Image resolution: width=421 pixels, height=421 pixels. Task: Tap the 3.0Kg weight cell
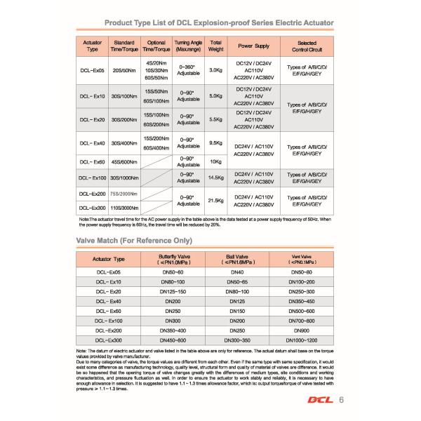coord(216,71)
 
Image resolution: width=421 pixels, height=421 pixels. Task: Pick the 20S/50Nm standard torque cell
coord(123,71)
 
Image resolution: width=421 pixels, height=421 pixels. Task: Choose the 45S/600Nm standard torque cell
coord(123,162)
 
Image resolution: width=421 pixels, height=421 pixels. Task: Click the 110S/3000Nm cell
coord(123,208)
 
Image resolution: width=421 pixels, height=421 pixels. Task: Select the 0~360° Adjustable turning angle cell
coord(186,71)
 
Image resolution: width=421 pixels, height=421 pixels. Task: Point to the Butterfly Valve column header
coord(173,259)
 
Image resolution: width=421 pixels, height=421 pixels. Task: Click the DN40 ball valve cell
coord(237,272)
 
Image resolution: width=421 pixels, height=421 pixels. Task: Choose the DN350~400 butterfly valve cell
coord(173,330)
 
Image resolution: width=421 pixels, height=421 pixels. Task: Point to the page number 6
coord(341,401)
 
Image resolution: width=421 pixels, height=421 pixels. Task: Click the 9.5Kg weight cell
coord(216,143)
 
